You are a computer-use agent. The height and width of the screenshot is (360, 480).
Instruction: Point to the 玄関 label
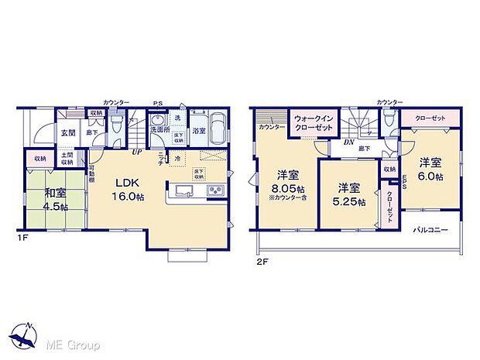point(69,132)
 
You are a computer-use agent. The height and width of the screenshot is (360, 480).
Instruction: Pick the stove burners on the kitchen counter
point(213,190)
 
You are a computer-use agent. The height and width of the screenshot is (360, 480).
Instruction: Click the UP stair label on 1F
point(136,151)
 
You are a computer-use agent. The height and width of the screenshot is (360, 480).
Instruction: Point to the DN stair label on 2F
point(350,142)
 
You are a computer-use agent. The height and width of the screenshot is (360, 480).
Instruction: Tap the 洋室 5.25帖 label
point(348,192)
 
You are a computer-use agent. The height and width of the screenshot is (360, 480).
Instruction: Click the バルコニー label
point(430,230)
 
